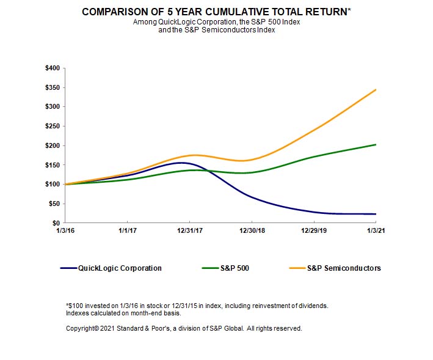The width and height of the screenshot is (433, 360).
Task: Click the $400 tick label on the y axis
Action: [52, 68]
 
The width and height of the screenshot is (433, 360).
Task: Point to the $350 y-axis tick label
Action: [52, 87]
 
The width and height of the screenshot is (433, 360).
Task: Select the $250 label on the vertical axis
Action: [52, 126]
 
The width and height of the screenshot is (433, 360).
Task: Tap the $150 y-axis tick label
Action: [52, 165]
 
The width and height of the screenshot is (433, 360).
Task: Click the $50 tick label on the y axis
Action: [54, 204]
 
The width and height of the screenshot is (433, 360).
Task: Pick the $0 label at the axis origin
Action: [56, 223]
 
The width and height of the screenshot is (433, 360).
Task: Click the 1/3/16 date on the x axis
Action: [65, 231]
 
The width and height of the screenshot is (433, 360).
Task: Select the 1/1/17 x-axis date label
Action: [127, 231]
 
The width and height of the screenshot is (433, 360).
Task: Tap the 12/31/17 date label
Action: [189, 231]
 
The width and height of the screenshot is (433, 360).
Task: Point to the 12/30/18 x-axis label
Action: [252, 231]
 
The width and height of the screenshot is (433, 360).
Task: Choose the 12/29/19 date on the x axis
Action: [314, 231]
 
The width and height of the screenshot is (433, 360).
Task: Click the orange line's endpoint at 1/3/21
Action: [376, 90]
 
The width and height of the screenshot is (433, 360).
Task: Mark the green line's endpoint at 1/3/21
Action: [376, 145]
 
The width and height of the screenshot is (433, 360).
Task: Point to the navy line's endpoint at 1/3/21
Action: [376, 214]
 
